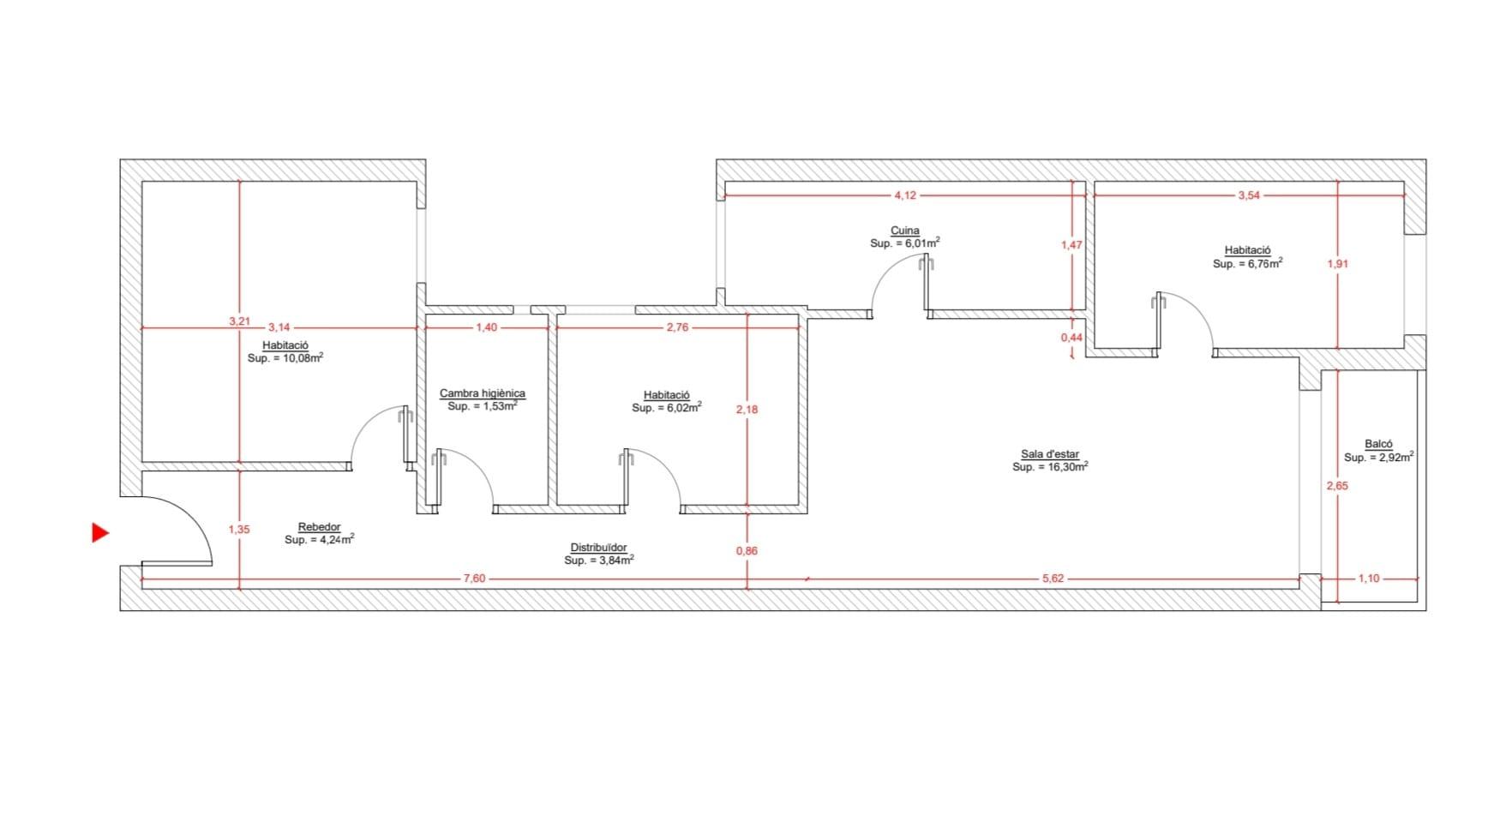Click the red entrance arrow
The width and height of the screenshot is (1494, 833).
tap(99, 533)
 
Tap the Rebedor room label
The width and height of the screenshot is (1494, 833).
tap(319, 527)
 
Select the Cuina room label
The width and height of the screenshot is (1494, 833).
tap(905, 231)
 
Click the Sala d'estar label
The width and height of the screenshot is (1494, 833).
tap(1050, 454)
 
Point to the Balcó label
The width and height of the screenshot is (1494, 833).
tap(1378, 444)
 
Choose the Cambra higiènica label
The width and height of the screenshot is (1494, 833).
tap(483, 393)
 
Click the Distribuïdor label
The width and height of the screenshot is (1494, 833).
tap(599, 548)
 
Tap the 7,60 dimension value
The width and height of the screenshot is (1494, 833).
tap(474, 578)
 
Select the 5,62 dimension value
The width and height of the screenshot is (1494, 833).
tap(1053, 578)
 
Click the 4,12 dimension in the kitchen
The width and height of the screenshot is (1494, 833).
tap(905, 195)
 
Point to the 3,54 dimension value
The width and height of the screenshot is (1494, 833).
tap(1249, 195)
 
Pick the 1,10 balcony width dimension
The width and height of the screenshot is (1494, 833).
tap(1369, 578)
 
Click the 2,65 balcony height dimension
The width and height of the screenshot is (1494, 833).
tap(1337, 486)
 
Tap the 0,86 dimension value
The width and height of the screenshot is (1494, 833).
tap(747, 551)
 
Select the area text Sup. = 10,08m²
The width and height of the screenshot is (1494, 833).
tap(285, 358)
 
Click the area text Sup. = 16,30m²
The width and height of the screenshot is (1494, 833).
tap(1050, 467)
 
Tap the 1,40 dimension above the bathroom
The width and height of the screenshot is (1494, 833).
tap(487, 327)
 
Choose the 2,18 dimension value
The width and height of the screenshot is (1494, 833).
tap(747, 410)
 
